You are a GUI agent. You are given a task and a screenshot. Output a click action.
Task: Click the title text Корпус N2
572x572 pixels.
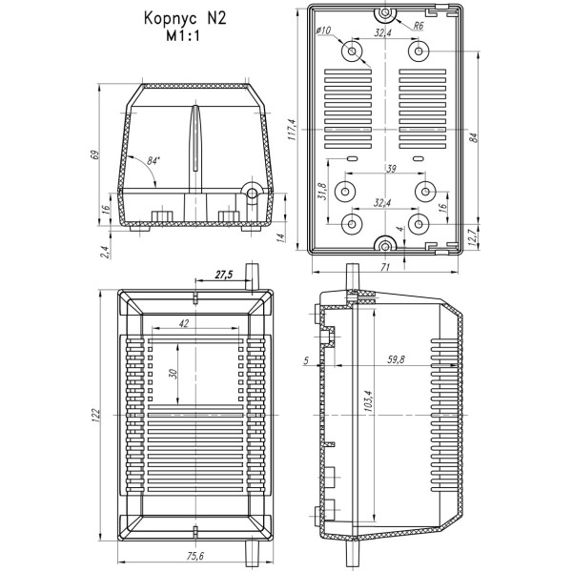point(185,18)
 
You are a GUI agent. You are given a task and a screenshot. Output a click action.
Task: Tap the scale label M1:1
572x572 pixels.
point(183,36)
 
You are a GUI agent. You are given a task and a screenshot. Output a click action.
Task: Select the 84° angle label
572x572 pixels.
point(153,160)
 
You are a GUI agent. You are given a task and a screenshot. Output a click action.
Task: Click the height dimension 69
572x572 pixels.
point(94,154)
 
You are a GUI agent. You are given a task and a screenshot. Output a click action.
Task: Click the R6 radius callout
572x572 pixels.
point(419,26)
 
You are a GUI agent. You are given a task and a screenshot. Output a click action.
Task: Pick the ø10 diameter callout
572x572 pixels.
point(323,30)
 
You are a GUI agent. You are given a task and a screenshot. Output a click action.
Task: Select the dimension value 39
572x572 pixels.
point(391,168)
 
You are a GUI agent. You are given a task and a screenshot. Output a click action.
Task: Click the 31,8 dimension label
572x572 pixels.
point(322,191)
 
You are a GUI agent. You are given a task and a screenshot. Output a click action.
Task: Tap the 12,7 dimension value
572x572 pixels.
point(472,237)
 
